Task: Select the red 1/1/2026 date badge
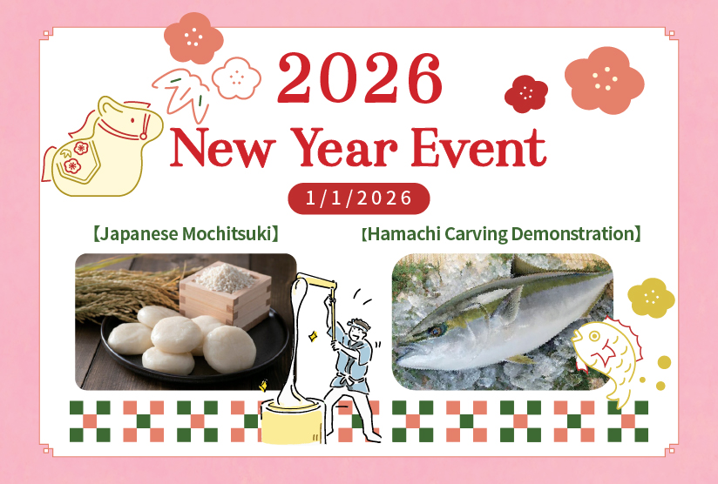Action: point(359,198)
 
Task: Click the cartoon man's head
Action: point(356,330)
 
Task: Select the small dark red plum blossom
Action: point(525,93)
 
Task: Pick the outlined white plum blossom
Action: point(235,78)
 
